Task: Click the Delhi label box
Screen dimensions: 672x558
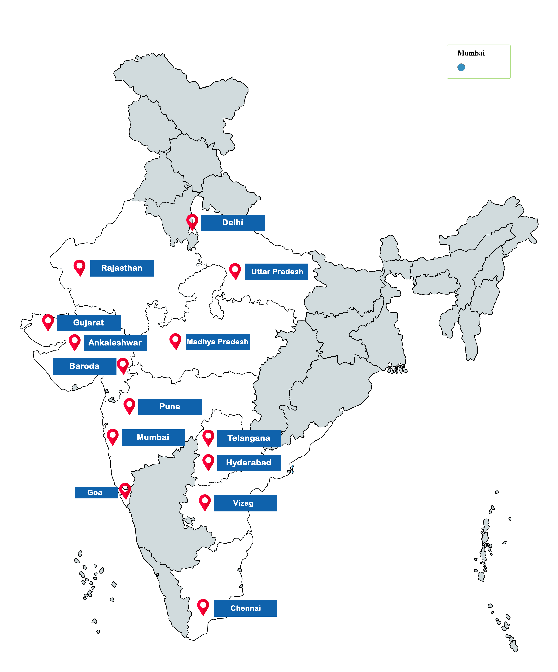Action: (233, 223)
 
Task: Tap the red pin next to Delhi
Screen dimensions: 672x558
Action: (192, 221)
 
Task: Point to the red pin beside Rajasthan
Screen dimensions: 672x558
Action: (79, 267)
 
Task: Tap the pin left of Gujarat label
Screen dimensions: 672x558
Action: (48, 321)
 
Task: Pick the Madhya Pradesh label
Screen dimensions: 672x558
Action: (218, 342)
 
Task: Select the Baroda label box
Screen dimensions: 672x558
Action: (84, 366)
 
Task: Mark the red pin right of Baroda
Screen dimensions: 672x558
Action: (123, 365)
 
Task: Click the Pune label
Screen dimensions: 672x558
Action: (170, 407)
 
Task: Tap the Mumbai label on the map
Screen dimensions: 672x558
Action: (153, 437)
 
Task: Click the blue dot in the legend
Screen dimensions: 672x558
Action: (461, 67)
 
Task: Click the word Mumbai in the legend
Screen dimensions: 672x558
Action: (471, 53)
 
